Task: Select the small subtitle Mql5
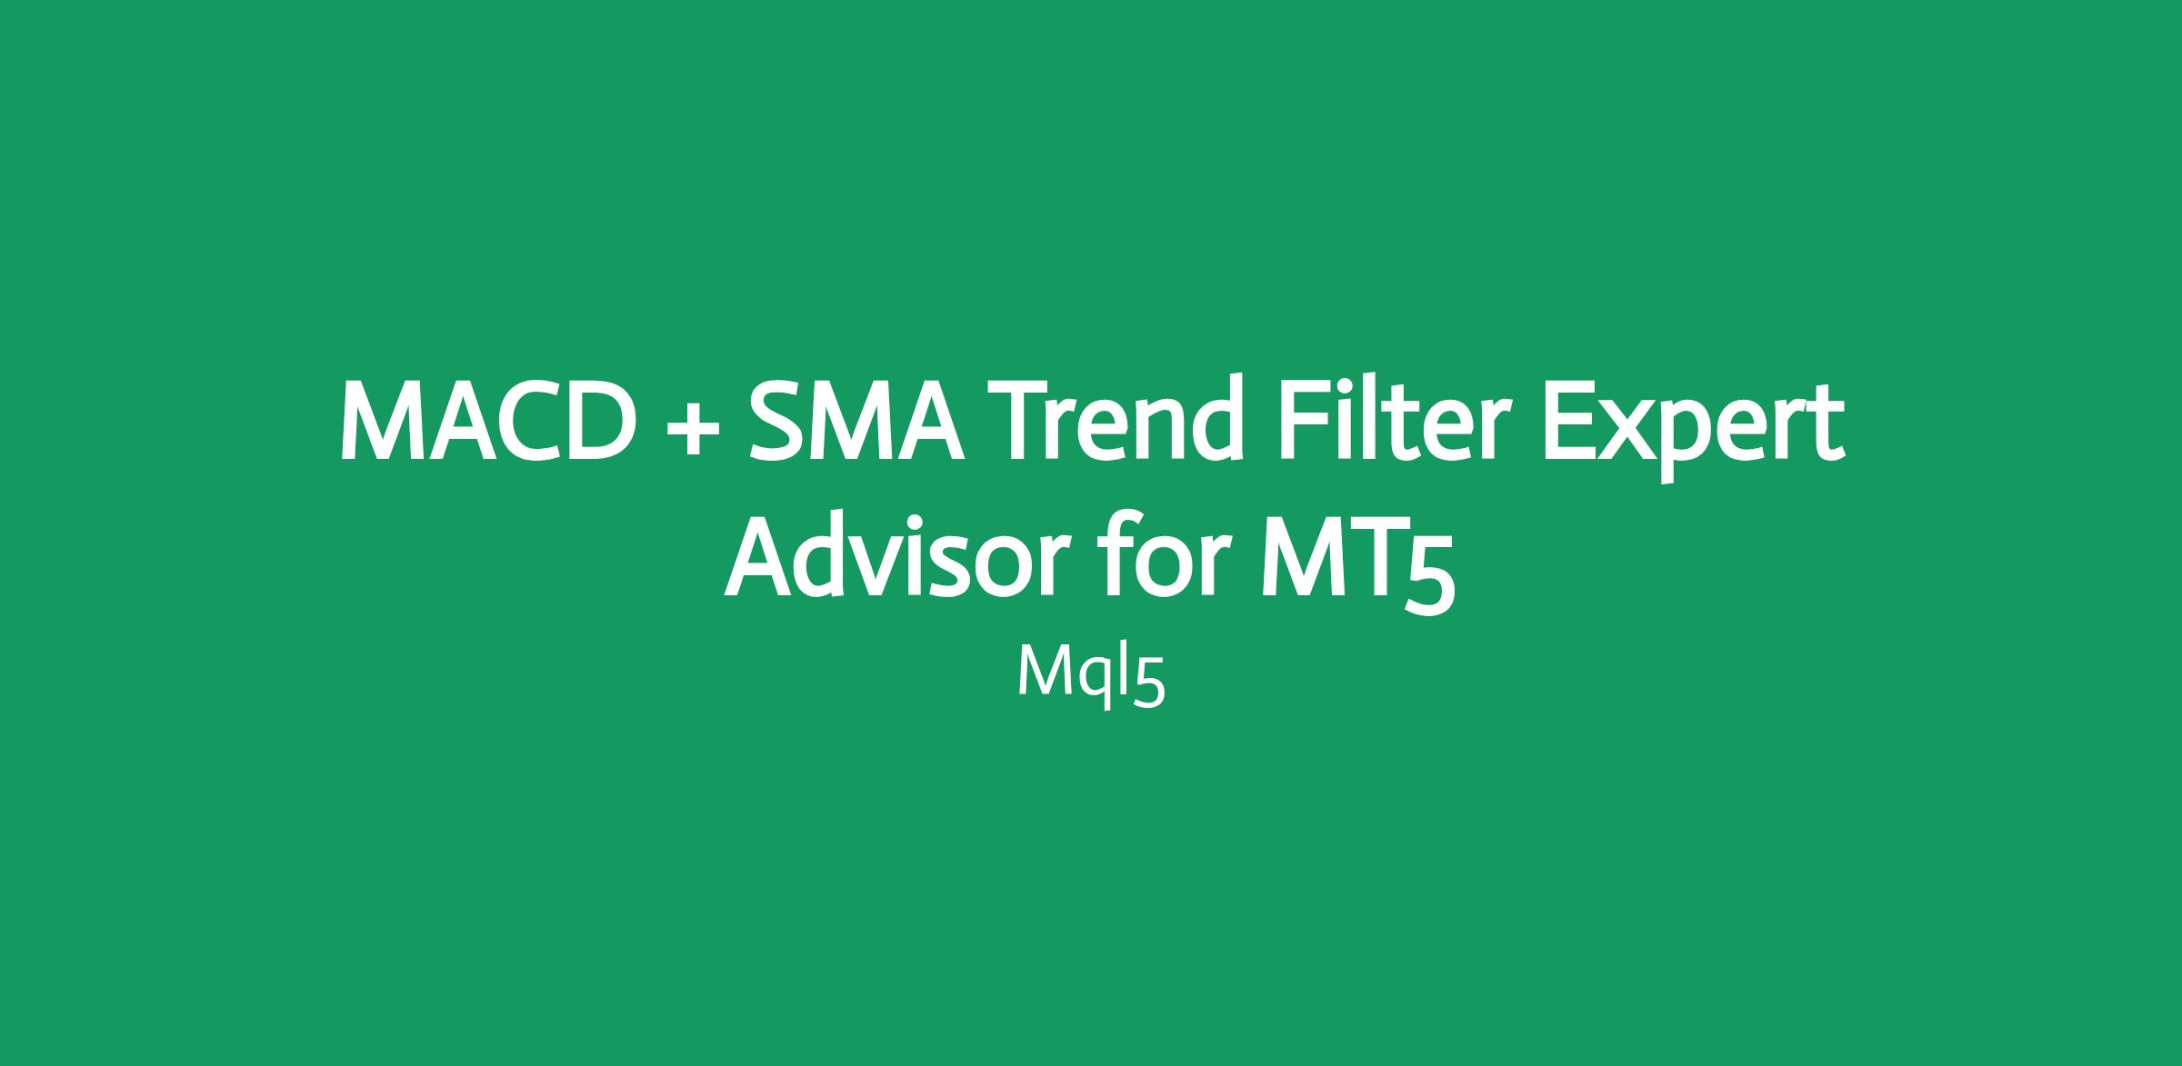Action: [x=1091, y=677]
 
